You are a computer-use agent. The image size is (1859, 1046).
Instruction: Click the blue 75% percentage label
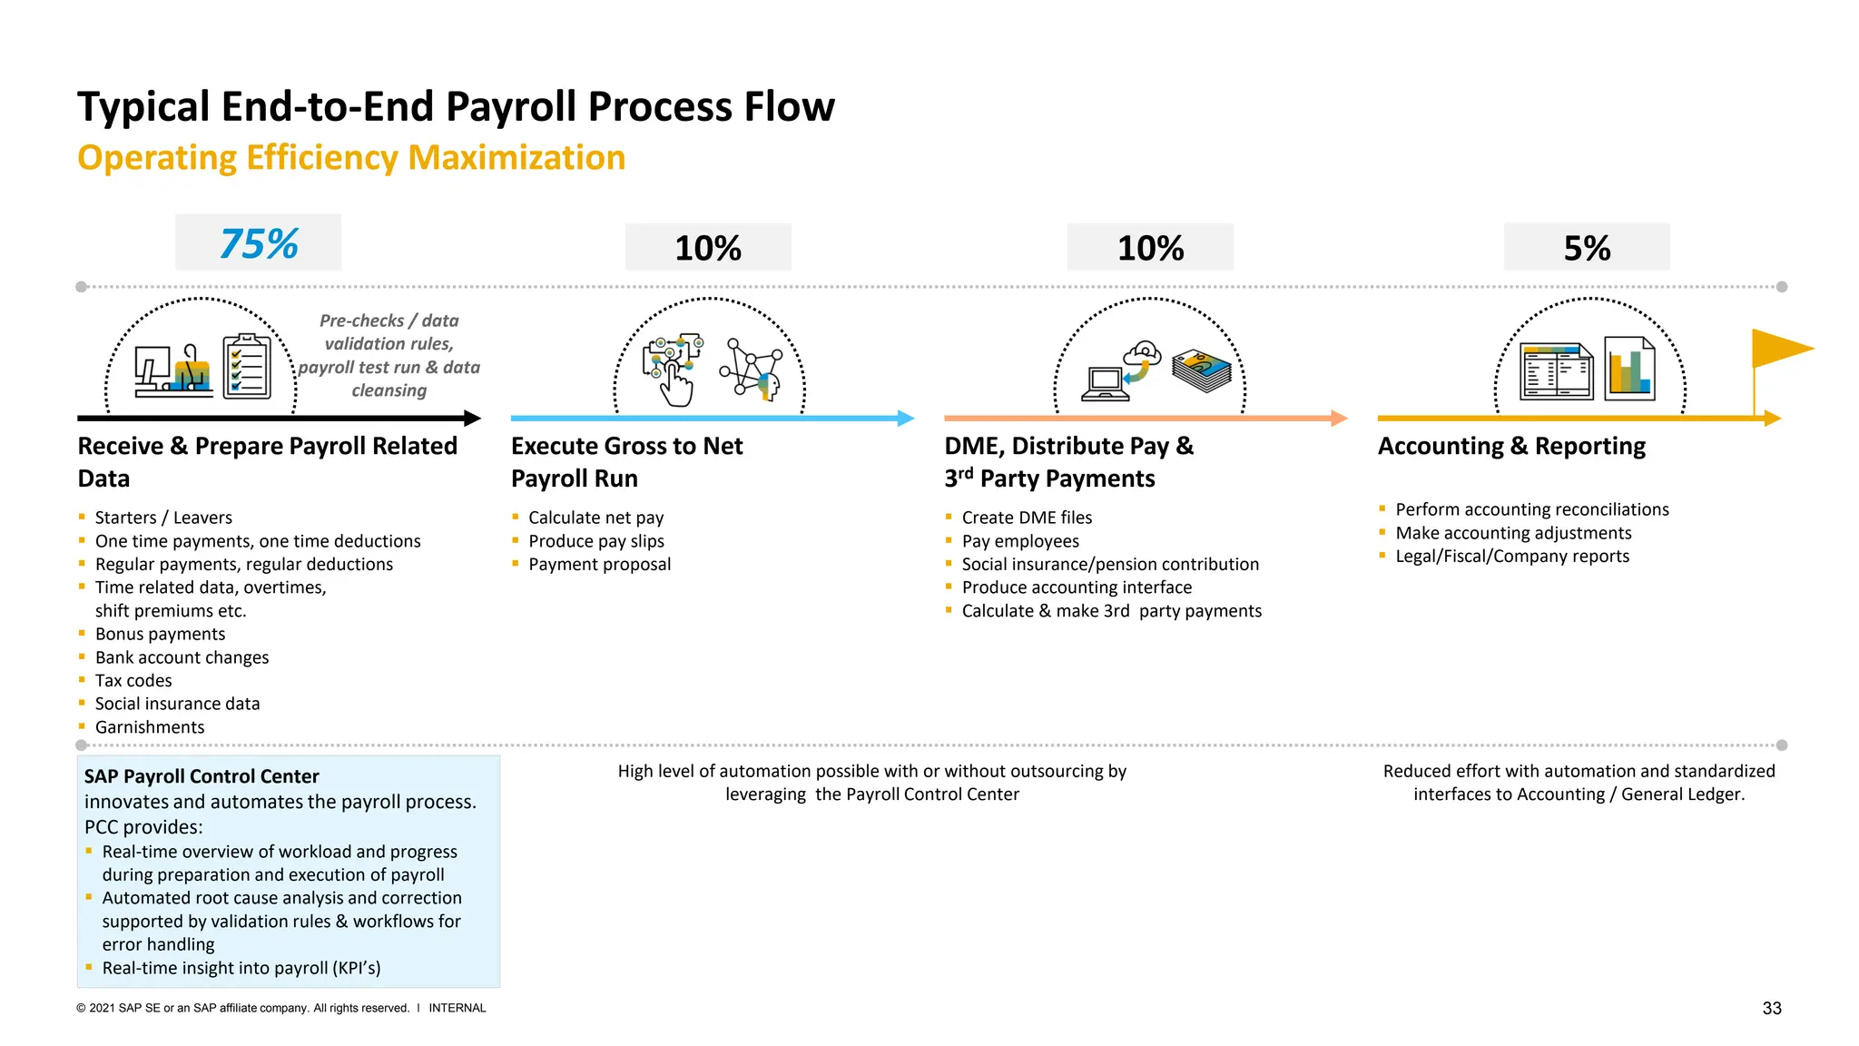tap(259, 243)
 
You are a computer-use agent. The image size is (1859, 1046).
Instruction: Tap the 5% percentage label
tap(1587, 248)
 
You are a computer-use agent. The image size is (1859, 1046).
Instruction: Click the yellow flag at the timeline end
tap(1779, 349)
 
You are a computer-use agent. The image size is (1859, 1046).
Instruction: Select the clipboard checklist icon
tap(247, 367)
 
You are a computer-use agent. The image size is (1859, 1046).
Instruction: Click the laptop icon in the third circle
tap(1105, 384)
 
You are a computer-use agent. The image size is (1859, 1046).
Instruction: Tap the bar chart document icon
tap(1629, 369)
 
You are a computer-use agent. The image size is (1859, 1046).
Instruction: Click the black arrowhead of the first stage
tap(472, 419)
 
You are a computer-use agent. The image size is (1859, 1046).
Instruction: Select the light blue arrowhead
tap(906, 419)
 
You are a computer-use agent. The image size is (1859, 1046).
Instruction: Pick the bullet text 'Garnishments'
tap(150, 727)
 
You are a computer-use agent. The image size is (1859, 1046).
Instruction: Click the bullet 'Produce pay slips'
tap(596, 541)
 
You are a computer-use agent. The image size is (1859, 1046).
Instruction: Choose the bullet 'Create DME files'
tap(1027, 518)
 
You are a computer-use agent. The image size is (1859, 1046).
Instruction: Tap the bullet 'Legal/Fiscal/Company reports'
tap(1512, 557)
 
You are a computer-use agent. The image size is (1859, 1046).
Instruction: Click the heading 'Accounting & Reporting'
tap(1511, 446)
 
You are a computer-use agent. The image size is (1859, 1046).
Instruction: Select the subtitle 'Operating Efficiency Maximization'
tap(351, 158)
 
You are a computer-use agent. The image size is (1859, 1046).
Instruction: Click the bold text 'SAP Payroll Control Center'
tap(202, 776)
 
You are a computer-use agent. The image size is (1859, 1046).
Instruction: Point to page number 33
tap(1772, 1008)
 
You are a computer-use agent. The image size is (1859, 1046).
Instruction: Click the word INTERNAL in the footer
tap(457, 1008)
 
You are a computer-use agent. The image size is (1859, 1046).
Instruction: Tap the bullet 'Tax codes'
tap(133, 681)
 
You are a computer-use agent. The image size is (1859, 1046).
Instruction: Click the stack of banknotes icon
tap(1202, 370)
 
